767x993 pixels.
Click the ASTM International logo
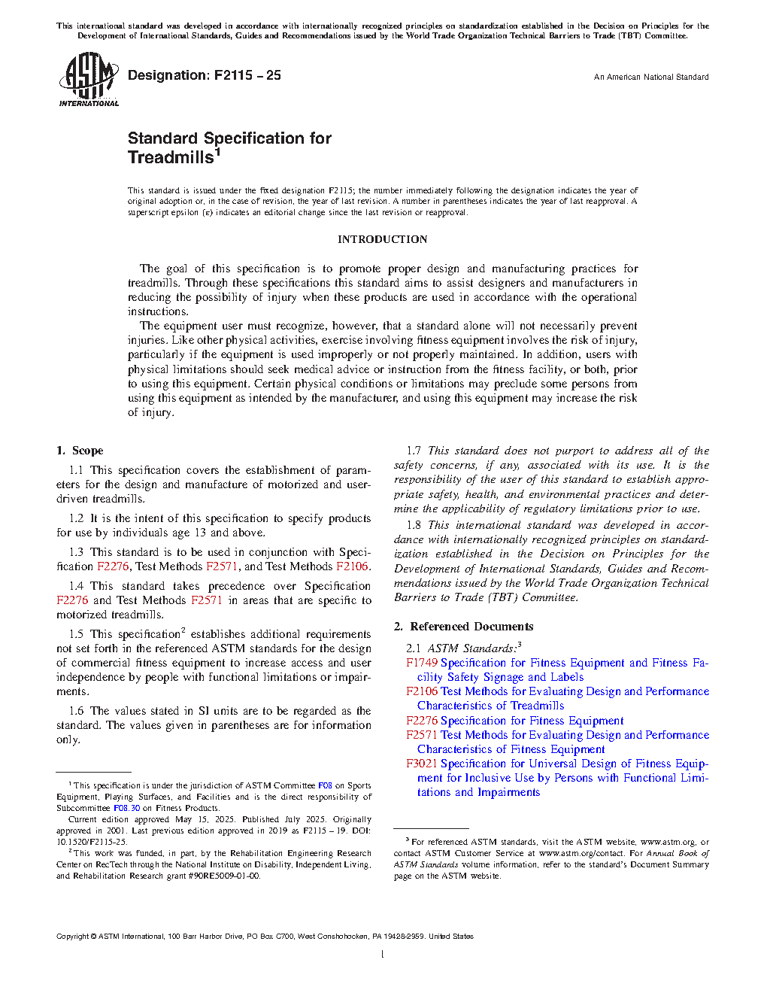point(89,80)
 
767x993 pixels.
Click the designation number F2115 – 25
point(247,75)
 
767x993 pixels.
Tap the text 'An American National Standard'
point(650,77)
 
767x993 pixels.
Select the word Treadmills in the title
point(171,158)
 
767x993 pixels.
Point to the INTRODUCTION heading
point(382,239)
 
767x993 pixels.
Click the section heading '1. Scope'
point(80,451)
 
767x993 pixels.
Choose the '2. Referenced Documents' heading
point(463,627)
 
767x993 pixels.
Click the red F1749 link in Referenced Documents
point(422,663)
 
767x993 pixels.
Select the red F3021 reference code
point(422,764)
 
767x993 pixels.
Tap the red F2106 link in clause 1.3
point(352,566)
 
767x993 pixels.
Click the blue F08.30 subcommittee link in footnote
point(126,808)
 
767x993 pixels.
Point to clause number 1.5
point(76,634)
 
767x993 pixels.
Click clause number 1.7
point(414,451)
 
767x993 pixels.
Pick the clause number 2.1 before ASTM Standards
point(414,648)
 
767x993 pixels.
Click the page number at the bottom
point(383,955)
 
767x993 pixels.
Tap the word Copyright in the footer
point(72,937)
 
